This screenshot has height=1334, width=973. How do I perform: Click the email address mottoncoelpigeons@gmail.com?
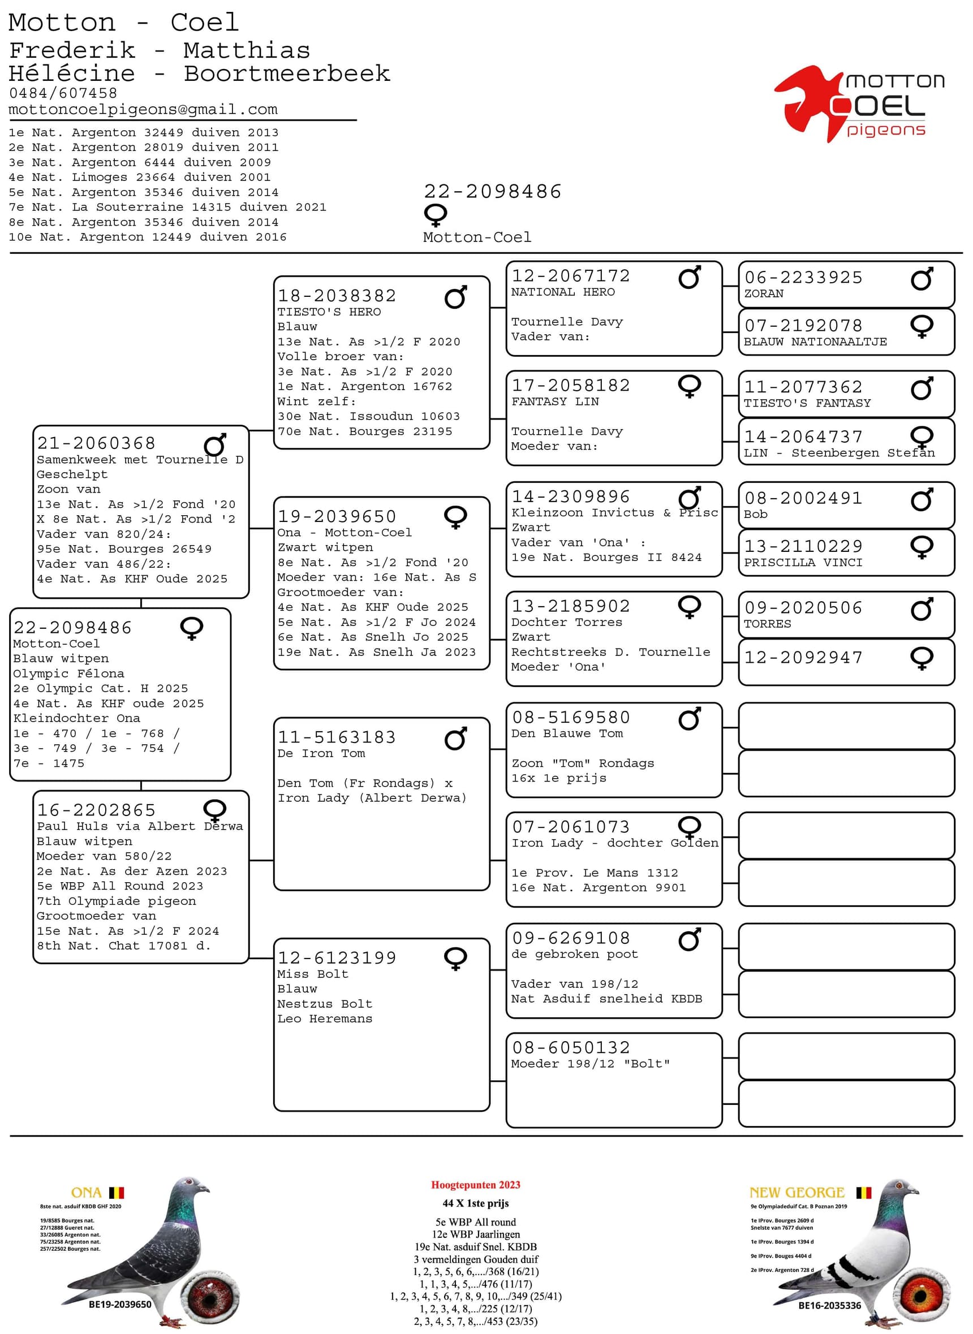143,110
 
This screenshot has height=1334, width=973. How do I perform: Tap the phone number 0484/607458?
63,93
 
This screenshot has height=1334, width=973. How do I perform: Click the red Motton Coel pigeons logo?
859,103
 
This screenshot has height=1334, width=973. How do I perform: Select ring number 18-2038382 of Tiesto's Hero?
337,296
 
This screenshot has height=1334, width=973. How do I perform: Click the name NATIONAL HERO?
562,292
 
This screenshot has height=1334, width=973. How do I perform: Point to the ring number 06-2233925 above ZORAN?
803,277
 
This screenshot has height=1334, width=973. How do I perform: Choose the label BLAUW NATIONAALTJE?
815,342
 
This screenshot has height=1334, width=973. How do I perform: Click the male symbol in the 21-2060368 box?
215,445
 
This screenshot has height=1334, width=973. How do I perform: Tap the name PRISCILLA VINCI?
803,563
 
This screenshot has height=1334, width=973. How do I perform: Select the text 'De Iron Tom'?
321,754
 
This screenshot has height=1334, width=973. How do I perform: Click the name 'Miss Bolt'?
313,974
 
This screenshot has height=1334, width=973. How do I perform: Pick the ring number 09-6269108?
571,938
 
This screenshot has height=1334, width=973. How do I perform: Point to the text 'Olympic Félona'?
69,674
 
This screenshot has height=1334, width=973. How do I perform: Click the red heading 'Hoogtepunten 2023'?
475,1185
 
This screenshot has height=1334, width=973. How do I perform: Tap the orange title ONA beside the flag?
86,1193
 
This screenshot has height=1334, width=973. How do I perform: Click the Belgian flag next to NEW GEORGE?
863,1193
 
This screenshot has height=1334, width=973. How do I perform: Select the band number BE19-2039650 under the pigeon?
120,1305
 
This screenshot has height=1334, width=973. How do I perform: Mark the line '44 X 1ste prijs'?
475,1203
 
